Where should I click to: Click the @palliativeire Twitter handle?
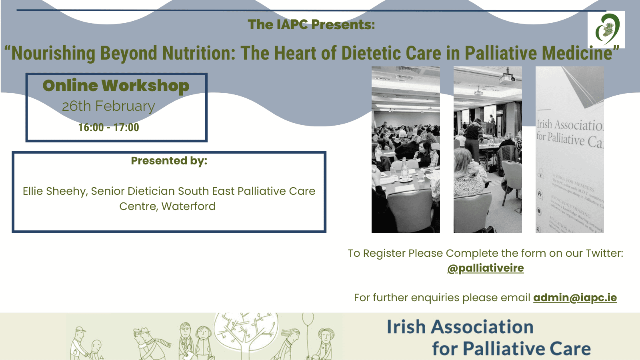(x=485, y=268)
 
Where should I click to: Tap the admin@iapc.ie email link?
(x=575, y=298)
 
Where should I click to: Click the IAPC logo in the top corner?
(x=606, y=30)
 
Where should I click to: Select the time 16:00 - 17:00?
(x=108, y=128)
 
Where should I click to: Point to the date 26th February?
(x=108, y=106)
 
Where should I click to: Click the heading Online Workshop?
(x=116, y=86)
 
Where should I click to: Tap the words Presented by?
(x=169, y=161)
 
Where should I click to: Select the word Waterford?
(x=188, y=206)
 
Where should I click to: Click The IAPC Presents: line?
(x=311, y=25)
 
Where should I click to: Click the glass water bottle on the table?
(x=404, y=168)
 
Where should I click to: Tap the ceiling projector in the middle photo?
(x=507, y=78)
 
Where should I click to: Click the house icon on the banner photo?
(x=540, y=194)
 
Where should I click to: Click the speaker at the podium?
(x=492, y=120)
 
